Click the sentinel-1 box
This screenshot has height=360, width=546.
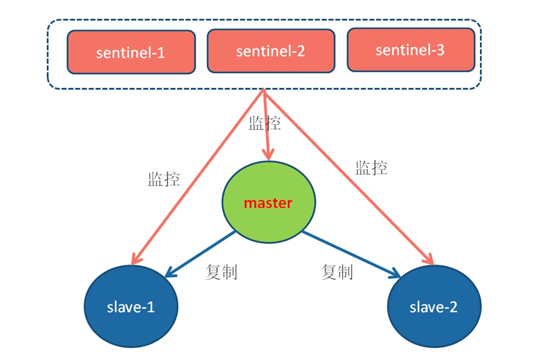131,52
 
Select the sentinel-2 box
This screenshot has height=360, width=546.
271,51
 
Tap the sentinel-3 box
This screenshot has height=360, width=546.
411,50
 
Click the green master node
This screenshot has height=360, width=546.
269,202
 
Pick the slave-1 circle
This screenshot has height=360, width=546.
131,306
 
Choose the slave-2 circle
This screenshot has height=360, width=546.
434,306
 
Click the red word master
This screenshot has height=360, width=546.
268,203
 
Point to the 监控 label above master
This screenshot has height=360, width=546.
265,123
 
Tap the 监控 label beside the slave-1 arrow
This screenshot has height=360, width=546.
164,179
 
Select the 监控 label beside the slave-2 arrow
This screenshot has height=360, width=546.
371,167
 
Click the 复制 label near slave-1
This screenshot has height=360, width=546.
221,272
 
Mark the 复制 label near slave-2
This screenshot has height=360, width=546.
337,272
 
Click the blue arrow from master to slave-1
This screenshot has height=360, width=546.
200,254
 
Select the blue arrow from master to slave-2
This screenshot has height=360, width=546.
351,254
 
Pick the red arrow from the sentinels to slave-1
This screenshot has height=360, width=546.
198,177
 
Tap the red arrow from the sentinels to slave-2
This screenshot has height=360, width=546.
349,177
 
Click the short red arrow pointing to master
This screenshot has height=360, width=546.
266,124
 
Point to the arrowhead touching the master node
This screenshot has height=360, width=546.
268,155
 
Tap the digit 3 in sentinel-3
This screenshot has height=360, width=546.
440,50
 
